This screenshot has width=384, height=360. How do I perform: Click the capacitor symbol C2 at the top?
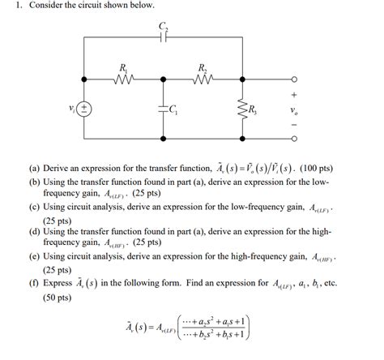(x=165, y=37)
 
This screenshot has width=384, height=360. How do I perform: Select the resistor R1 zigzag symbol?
(x=124, y=79)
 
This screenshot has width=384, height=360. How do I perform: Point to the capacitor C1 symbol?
(x=165, y=109)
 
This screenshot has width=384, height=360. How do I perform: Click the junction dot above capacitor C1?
(x=165, y=79)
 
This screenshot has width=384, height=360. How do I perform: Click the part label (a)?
(x=34, y=169)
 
